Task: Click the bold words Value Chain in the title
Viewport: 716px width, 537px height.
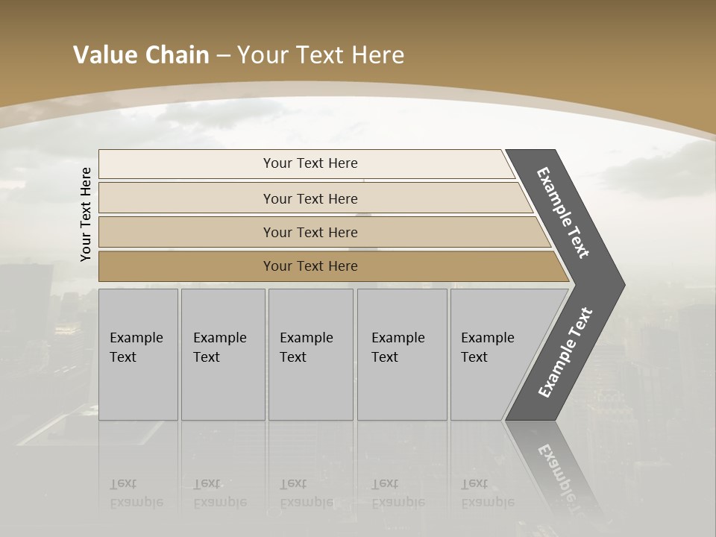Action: [x=141, y=55]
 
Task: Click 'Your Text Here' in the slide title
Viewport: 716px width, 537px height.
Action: [x=321, y=55]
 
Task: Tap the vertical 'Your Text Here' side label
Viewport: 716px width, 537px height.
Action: [x=86, y=214]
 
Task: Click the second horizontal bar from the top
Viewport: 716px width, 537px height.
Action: [x=310, y=198]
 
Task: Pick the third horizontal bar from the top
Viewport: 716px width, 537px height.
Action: [x=310, y=232]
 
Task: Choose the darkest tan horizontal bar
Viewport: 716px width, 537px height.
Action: [x=310, y=266]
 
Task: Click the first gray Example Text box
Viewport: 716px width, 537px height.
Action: [x=138, y=354]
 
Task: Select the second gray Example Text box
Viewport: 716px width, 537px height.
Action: [x=222, y=354]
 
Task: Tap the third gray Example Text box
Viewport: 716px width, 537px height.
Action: [x=310, y=354]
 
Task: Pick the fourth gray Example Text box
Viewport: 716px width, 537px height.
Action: [x=402, y=354]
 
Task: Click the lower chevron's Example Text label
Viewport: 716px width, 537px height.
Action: [x=565, y=353]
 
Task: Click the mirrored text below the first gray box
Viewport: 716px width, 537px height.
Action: [x=136, y=493]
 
